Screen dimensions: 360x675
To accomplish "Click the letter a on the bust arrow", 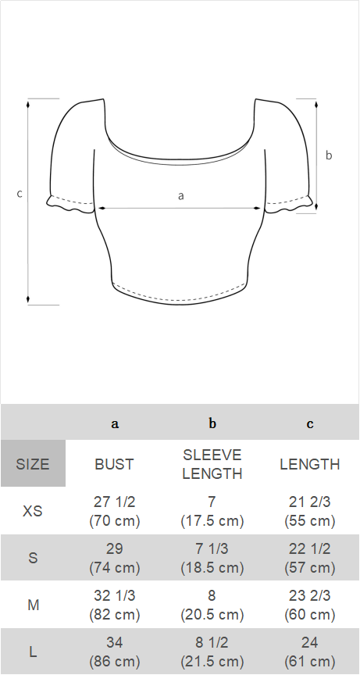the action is pyautogui.click(x=181, y=196).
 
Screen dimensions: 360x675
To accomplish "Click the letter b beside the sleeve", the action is pyautogui.click(x=329, y=155).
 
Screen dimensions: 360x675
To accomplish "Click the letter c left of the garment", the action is pyautogui.click(x=20, y=194).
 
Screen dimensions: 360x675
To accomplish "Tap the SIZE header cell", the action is pyautogui.click(x=33, y=464).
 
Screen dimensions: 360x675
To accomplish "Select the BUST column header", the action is pyautogui.click(x=115, y=464).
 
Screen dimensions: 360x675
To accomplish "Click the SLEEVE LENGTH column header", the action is pyautogui.click(x=212, y=464).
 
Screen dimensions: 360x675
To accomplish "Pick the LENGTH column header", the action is pyautogui.click(x=310, y=464).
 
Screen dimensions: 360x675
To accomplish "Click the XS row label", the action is pyautogui.click(x=33, y=511).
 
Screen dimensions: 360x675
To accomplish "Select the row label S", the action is pyautogui.click(x=33, y=558).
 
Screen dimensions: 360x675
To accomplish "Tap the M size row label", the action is pyautogui.click(x=33, y=605).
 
